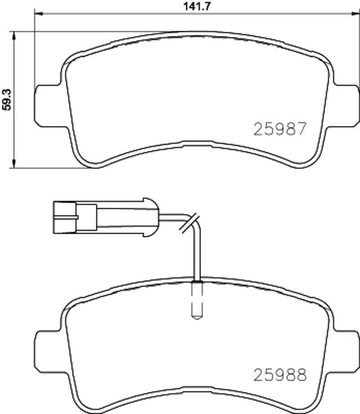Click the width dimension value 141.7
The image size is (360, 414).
point(197,6)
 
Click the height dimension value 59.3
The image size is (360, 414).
point(6,100)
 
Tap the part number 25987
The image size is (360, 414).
point(280,129)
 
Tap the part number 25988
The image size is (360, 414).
point(280,375)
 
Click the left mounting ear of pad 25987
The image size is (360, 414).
point(47,105)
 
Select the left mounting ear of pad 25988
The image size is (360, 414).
point(47,351)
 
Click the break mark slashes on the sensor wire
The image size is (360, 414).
point(189,223)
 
